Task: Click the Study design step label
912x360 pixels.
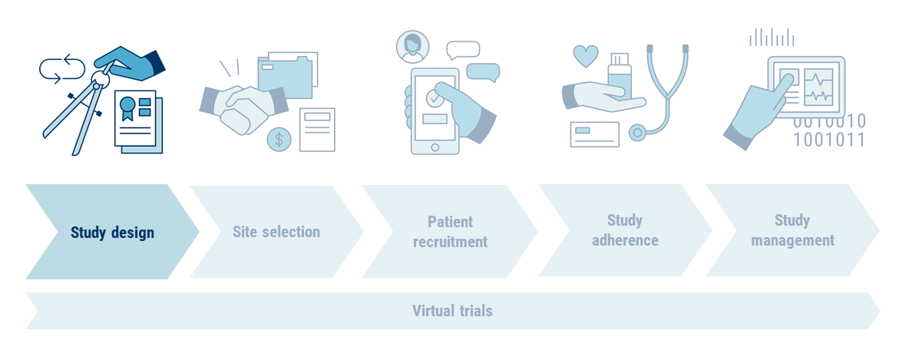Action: pyautogui.click(x=112, y=233)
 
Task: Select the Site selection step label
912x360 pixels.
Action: pyautogui.click(x=276, y=232)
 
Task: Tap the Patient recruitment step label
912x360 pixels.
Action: pyautogui.click(x=450, y=232)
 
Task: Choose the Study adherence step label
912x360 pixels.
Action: pyautogui.click(x=625, y=230)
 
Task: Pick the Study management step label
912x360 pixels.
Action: pyautogui.click(x=792, y=230)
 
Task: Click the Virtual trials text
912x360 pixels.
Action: pyautogui.click(x=452, y=311)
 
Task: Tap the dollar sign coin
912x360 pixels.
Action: pyautogui.click(x=279, y=139)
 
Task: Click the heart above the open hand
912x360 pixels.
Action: pyautogui.click(x=586, y=56)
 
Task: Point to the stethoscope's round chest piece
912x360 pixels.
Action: pyautogui.click(x=637, y=133)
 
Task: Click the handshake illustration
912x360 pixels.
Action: pyautogui.click(x=242, y=107)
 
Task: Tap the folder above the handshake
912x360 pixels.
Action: pyautogui.click(x=286, y=75)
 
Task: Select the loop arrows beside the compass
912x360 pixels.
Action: pyautogui.click(x=62, y=68)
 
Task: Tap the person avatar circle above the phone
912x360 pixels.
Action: pyautogui.click(x=412, y=45)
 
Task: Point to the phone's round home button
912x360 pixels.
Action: pyautogui.click(x=435, y=146)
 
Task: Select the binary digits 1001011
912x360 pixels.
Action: pyautogui.click(x=829, y=140)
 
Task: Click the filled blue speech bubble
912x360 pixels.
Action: pyautogui.click(x=483, y=71)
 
